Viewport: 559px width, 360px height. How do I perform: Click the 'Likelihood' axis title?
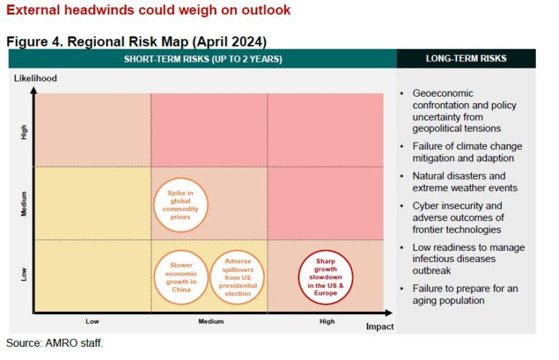35,78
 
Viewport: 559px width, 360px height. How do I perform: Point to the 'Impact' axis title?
379,327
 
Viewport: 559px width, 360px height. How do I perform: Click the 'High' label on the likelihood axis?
24,132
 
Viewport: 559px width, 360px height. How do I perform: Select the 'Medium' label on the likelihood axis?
24,204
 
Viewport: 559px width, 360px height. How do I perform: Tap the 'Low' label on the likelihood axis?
24,274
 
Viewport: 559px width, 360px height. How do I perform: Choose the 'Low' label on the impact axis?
92,321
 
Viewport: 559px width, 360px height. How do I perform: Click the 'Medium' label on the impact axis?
210,321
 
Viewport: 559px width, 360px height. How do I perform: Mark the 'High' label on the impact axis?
327,321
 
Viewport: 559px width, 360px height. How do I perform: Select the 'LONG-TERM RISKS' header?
466,58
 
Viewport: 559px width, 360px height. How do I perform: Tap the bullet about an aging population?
464,295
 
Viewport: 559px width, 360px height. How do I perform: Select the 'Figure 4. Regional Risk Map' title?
136,41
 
